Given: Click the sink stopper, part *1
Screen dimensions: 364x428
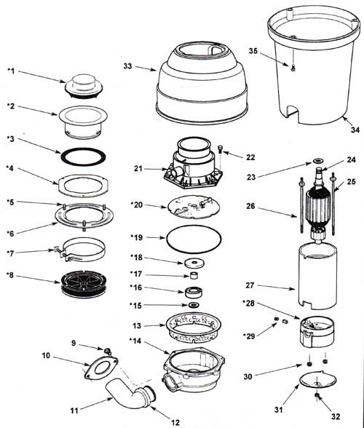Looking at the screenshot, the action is pyautogui.click(x=84, y=86).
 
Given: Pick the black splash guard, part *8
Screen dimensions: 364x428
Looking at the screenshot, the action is pyautogui.click(x=83, y=284).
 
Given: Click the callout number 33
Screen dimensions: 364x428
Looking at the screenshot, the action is pyautogui.click(x=127, y=66).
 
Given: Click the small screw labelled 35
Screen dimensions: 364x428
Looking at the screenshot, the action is pyautogui.click(x=293, y=68).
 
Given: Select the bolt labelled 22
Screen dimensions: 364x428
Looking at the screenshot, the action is pyautogui.click(x=221, y=150).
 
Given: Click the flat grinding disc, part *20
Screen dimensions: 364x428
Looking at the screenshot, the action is pyautogui.click(x=194, y=207).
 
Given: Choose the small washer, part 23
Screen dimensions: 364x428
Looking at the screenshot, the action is pyautogui.click(x=318, y=160).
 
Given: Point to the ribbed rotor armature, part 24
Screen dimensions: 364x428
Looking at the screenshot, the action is pyautogui.click(x=318, y=207).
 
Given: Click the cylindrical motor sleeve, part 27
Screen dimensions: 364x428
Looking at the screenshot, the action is pyautogui.click(x=317, y=277).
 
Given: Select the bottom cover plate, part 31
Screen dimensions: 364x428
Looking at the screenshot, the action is pyautogui.click(x=318, y=379).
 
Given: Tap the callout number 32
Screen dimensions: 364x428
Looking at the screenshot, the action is pyautogui.click(x=336, y=416).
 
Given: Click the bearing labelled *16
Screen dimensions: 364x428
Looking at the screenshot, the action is pyautogui.click(x=194, y=292).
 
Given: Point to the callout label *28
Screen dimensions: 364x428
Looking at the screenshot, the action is pyautogui.click(x=248, y=303).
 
